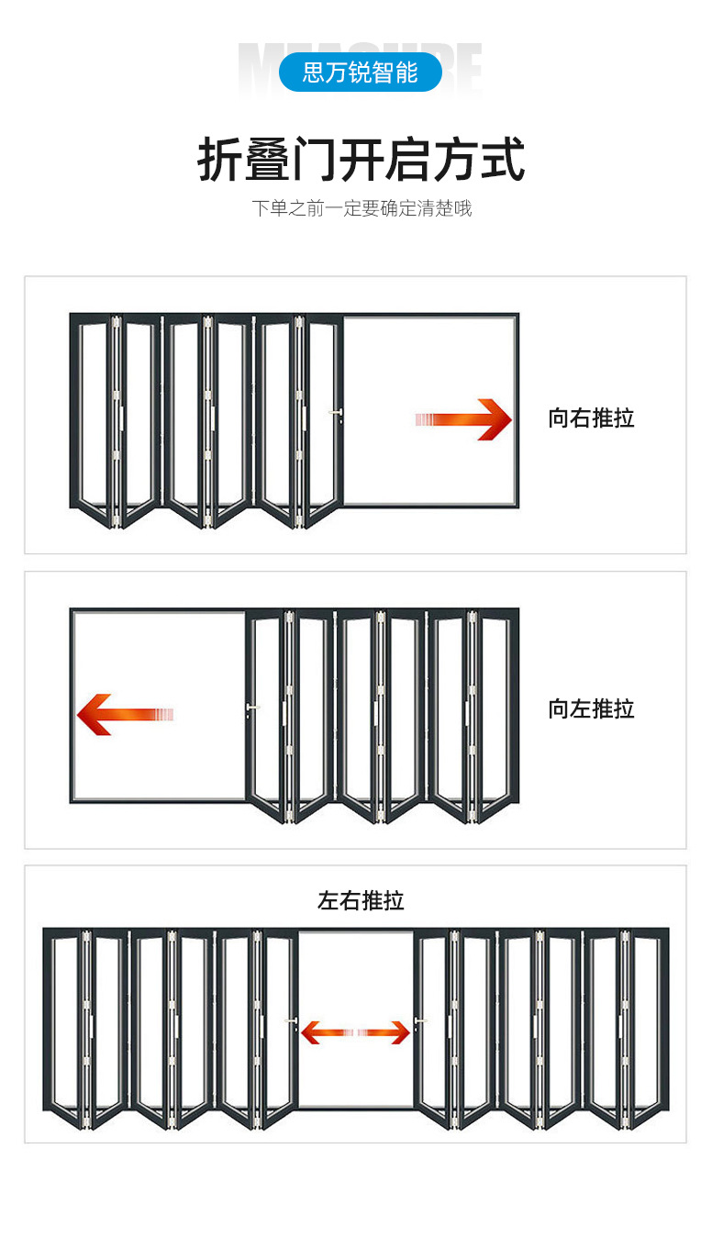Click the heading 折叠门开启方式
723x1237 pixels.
pos(361,160)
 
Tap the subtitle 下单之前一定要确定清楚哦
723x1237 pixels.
pos(361,208)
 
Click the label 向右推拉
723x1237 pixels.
pos(591,418)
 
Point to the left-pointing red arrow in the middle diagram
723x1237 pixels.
pos(124,714)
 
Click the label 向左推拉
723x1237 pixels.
pos(591,708)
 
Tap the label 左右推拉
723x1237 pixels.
pos(361,900)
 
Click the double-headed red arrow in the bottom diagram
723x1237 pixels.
pos(355,1032)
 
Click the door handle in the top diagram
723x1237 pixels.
pos(337,414)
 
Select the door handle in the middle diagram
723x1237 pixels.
pos(252,708)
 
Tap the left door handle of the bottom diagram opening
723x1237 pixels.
pos(292,1023)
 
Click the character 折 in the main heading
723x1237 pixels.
pos(220,160)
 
